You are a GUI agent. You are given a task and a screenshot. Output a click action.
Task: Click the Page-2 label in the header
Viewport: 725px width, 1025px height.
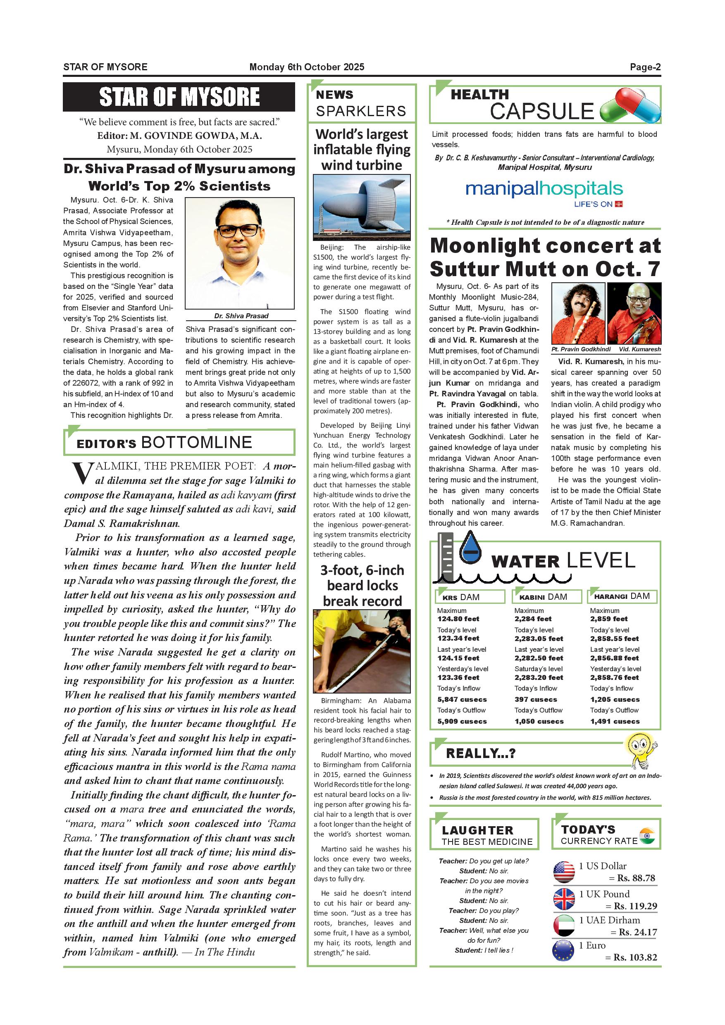(645, 67)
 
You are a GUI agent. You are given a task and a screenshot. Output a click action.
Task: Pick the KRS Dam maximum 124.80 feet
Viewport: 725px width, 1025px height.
(458, 619)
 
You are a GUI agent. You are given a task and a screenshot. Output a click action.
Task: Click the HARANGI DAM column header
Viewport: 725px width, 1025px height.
(622, 596)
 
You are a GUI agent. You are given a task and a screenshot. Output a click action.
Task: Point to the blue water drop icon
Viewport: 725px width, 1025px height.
(469, 551)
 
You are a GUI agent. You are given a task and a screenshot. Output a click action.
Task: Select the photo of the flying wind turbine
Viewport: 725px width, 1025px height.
(362, 207)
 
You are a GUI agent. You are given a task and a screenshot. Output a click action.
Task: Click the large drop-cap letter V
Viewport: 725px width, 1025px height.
(82, 474)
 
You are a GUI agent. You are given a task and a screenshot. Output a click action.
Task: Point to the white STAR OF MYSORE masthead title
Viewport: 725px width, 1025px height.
(179, 97)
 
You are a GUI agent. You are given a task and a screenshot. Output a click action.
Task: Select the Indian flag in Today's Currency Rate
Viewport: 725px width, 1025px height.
(646, 836)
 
